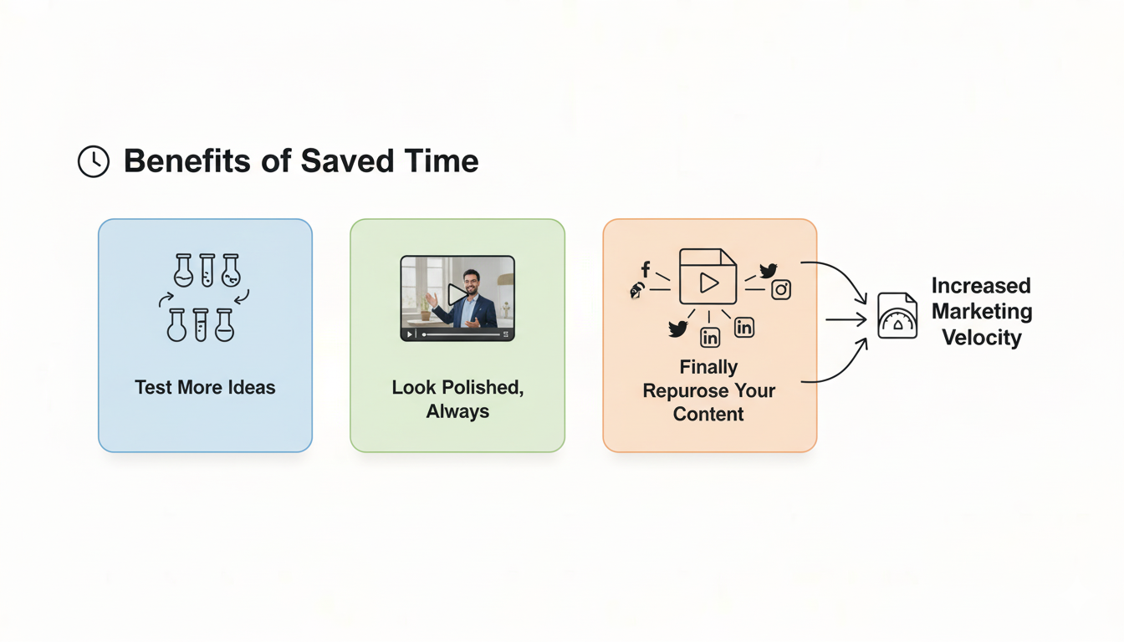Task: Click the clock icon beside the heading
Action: pos(94,161)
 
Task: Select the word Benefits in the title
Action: pos(187,161)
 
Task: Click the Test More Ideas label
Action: pos(205,387)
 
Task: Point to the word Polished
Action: pos(483,388)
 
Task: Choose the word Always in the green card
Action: pos(457,411)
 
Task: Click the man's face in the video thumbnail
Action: pos(471,283)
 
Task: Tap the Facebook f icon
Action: pos(646,269)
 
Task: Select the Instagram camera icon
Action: pos(781,289)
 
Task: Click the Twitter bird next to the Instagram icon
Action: pos(768,270)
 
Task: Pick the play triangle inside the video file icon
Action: pos(708,283)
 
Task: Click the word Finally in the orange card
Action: pos(708,367)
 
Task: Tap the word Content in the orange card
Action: pos(708,414)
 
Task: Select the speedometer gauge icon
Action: pos(897,315)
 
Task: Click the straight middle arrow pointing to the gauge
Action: pos(846,319)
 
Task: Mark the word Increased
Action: pos(981,285)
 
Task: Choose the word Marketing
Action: pos(982,311)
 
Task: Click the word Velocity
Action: pos(982,337)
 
